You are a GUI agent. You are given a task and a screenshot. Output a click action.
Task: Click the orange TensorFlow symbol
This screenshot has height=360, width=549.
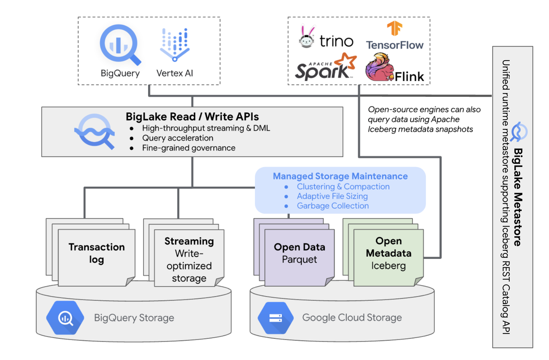(x=395, y=29)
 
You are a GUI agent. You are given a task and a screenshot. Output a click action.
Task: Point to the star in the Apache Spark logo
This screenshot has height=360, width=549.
(x=346, y=60)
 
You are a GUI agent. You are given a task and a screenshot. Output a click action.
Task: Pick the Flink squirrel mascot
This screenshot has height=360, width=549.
(x=379, y=68)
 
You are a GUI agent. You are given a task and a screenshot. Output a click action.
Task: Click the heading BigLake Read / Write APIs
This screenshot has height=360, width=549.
(x=192, y=117)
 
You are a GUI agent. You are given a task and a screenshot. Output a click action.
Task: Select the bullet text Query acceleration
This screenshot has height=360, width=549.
(x=178, y=138)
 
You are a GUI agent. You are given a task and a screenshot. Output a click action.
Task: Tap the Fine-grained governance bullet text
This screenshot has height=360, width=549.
(x=189, y=148)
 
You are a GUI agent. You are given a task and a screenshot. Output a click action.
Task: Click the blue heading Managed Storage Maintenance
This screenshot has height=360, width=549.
(x=340, y=176)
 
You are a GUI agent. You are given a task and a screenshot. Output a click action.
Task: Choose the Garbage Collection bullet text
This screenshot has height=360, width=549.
(x=333, y=206)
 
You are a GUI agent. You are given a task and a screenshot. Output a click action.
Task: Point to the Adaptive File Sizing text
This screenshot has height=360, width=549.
(x=332, y=196)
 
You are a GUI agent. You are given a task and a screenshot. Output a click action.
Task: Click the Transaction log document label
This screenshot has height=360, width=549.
(x=96, y=253)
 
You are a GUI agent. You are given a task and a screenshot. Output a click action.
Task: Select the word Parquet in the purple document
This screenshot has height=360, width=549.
(x=299, y=260)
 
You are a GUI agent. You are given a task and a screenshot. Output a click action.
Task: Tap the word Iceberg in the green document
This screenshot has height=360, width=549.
(x=388, y=266)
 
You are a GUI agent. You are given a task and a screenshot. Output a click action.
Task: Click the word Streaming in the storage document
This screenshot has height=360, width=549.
(x=189, y=241)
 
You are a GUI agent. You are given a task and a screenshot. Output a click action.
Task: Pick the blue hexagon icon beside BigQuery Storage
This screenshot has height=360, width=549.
(x=65, y=318)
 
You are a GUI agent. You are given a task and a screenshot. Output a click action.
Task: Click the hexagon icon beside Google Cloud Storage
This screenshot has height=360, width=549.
(x=275, y=318)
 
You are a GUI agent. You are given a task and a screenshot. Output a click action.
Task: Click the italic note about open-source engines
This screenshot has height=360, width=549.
(x=424, y=119)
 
